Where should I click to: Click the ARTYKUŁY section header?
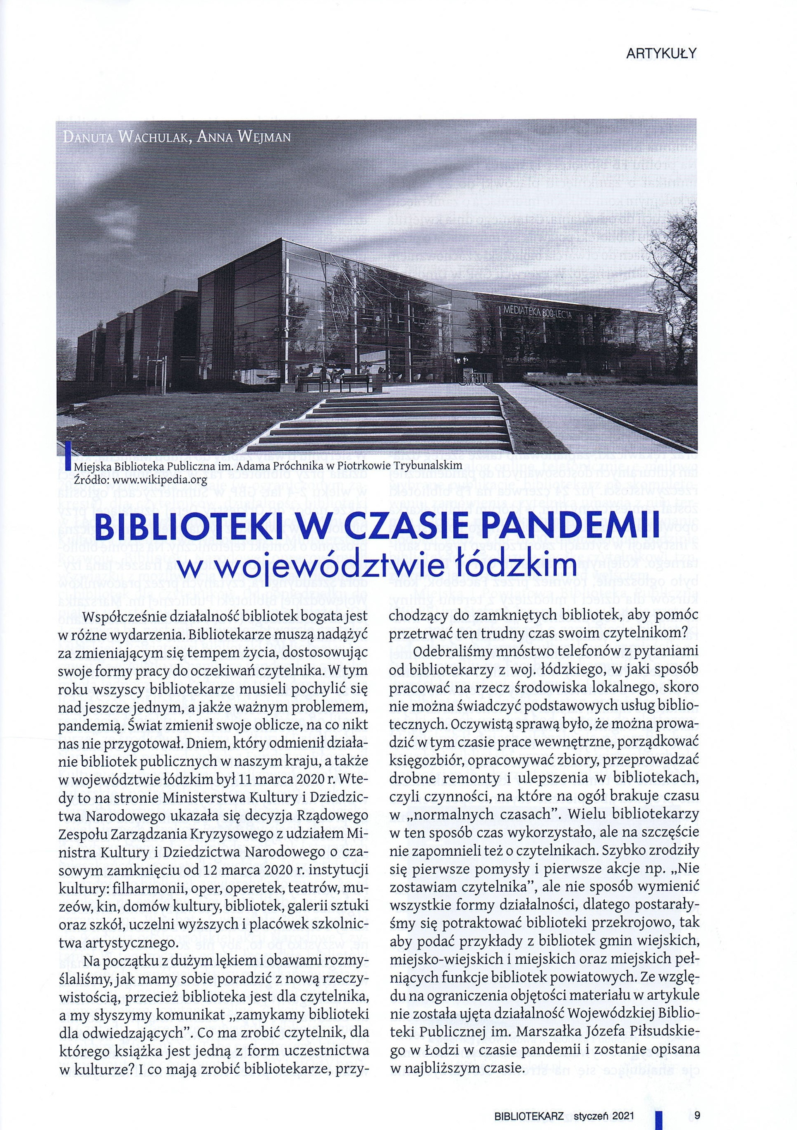coord(660,55)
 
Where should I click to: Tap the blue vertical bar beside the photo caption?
coord(68,455)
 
